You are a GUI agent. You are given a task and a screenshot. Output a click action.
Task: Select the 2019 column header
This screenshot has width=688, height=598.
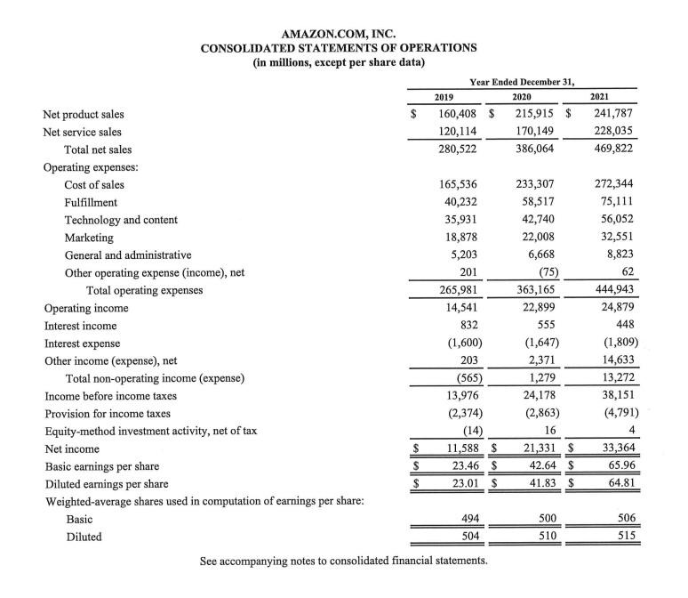coord(444,96)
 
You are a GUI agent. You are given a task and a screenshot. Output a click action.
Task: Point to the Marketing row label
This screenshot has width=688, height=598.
coord(89,238)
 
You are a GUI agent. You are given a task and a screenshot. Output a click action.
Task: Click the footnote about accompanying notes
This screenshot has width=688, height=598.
coord(343,562)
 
